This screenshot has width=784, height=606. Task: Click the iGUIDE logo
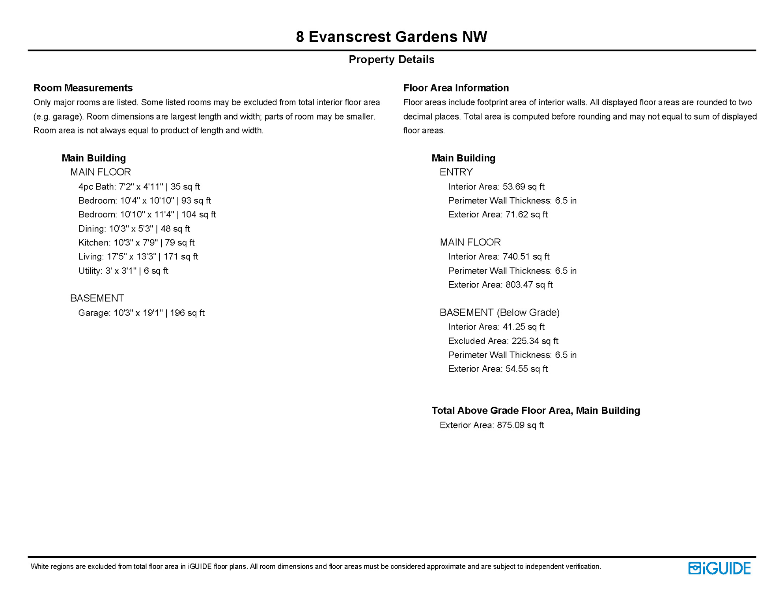(x=719, y=568)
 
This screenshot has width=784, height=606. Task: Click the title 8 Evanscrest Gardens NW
(x=391, y=37)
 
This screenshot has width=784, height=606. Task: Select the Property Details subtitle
(x=391, y=60)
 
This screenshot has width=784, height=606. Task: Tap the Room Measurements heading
(x=83, y=88)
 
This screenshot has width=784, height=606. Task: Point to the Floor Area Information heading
(x=456, y=88)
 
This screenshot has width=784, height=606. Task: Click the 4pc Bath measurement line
(x=139, y=187)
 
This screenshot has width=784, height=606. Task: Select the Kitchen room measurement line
(x=136, y=243)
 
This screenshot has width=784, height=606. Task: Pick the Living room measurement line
(x=138, y=257)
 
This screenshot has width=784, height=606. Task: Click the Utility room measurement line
(x=123, y=271)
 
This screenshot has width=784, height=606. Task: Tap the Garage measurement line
(x=141, y=313)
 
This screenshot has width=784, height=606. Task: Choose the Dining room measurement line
(x=134, y=229)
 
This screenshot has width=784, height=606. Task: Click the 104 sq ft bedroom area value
(x=198, y=215)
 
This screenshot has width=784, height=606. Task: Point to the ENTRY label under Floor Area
(x=456, y=172)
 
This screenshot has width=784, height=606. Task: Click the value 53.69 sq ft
(x=523, y=187)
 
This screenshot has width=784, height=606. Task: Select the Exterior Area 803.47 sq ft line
(x=500, y=285)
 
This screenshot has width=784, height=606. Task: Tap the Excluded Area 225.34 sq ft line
(x=503, y=341)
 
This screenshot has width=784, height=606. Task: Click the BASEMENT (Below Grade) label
(x=499, y=312)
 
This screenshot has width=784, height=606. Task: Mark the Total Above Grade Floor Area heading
(x=536, y=411)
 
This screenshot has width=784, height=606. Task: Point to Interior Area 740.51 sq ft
(x=498, y=257)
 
